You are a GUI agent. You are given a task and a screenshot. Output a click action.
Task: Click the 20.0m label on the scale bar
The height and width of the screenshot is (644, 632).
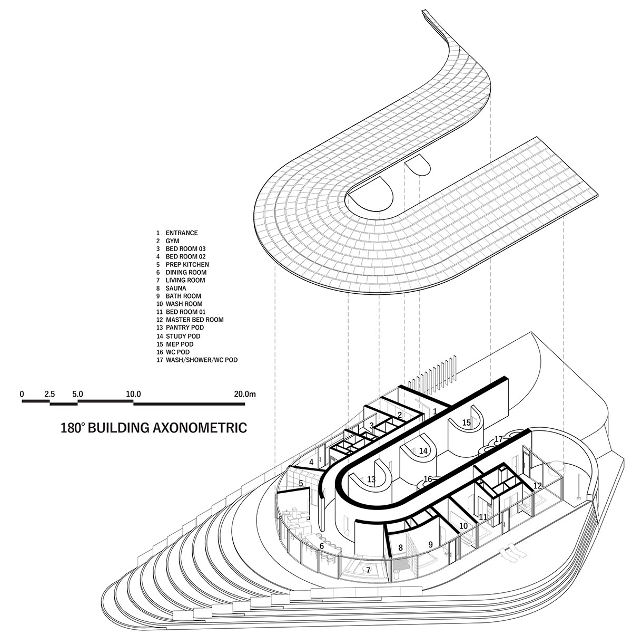[x=245, y=394]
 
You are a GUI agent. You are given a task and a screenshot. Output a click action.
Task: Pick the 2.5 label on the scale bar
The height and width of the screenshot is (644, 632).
[x=50, y=394]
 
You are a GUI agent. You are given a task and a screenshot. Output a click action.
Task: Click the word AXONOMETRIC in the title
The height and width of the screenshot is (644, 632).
[x=200, y=428]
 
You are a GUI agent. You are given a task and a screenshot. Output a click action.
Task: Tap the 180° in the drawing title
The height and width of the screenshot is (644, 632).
[x=72, y=428]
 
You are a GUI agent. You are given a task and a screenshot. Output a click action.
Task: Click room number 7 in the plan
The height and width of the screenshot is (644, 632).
[x=368, y=570]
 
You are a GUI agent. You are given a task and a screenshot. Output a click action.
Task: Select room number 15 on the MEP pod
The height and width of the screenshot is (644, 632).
[x=467, y=422]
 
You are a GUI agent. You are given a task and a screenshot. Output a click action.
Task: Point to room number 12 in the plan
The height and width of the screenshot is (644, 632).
[x=538, y=486]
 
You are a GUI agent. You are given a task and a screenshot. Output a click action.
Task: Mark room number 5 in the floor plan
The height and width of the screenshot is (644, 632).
[x=301, y=483]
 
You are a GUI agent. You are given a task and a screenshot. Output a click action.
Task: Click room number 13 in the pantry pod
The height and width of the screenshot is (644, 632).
[x=371, y=479]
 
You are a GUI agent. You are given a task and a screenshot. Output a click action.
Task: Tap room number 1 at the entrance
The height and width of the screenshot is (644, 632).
[x=434, y=411]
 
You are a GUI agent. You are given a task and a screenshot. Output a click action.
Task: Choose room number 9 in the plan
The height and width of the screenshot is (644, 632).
[x=431, y=545]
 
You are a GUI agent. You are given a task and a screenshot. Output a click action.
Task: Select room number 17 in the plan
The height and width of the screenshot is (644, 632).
[x=498, y=439]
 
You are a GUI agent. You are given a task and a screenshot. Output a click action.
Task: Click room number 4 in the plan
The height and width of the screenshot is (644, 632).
[x=311, y=463]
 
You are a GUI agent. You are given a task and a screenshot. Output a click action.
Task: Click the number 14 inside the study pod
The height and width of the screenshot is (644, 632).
[x=423, y=451]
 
